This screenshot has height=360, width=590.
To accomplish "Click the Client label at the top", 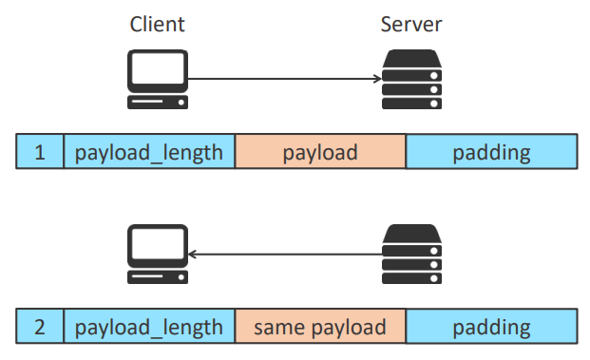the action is point(158,25).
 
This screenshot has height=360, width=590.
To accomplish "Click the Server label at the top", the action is point(411,25).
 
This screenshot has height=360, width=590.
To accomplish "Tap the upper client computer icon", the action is point(158,80).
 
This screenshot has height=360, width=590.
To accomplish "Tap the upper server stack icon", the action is point(412,80).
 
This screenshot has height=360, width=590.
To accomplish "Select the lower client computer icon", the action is point(158,254).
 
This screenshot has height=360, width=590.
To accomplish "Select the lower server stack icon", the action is point(412,254).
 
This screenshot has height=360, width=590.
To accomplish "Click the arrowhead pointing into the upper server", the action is point(378,79).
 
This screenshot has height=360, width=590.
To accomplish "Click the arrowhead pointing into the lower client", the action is point(192,255).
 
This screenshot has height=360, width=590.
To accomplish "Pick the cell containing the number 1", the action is point(40,151).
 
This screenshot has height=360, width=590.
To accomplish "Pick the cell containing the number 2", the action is point(40,326).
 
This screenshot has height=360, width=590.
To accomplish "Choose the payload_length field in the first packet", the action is point(149,151).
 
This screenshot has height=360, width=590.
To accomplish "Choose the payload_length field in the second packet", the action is point(149,326).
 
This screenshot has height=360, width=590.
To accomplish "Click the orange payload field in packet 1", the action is point(320,151).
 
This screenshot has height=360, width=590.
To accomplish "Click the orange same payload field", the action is point(320,326).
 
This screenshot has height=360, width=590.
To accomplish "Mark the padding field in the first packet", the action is point(492,151).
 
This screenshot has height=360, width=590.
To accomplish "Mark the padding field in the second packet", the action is point(492,326).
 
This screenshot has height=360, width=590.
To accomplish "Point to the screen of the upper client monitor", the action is point(158,68).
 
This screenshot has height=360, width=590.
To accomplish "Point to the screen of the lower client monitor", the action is point(158,243).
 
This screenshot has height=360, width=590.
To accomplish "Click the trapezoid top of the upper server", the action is point(412,58).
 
